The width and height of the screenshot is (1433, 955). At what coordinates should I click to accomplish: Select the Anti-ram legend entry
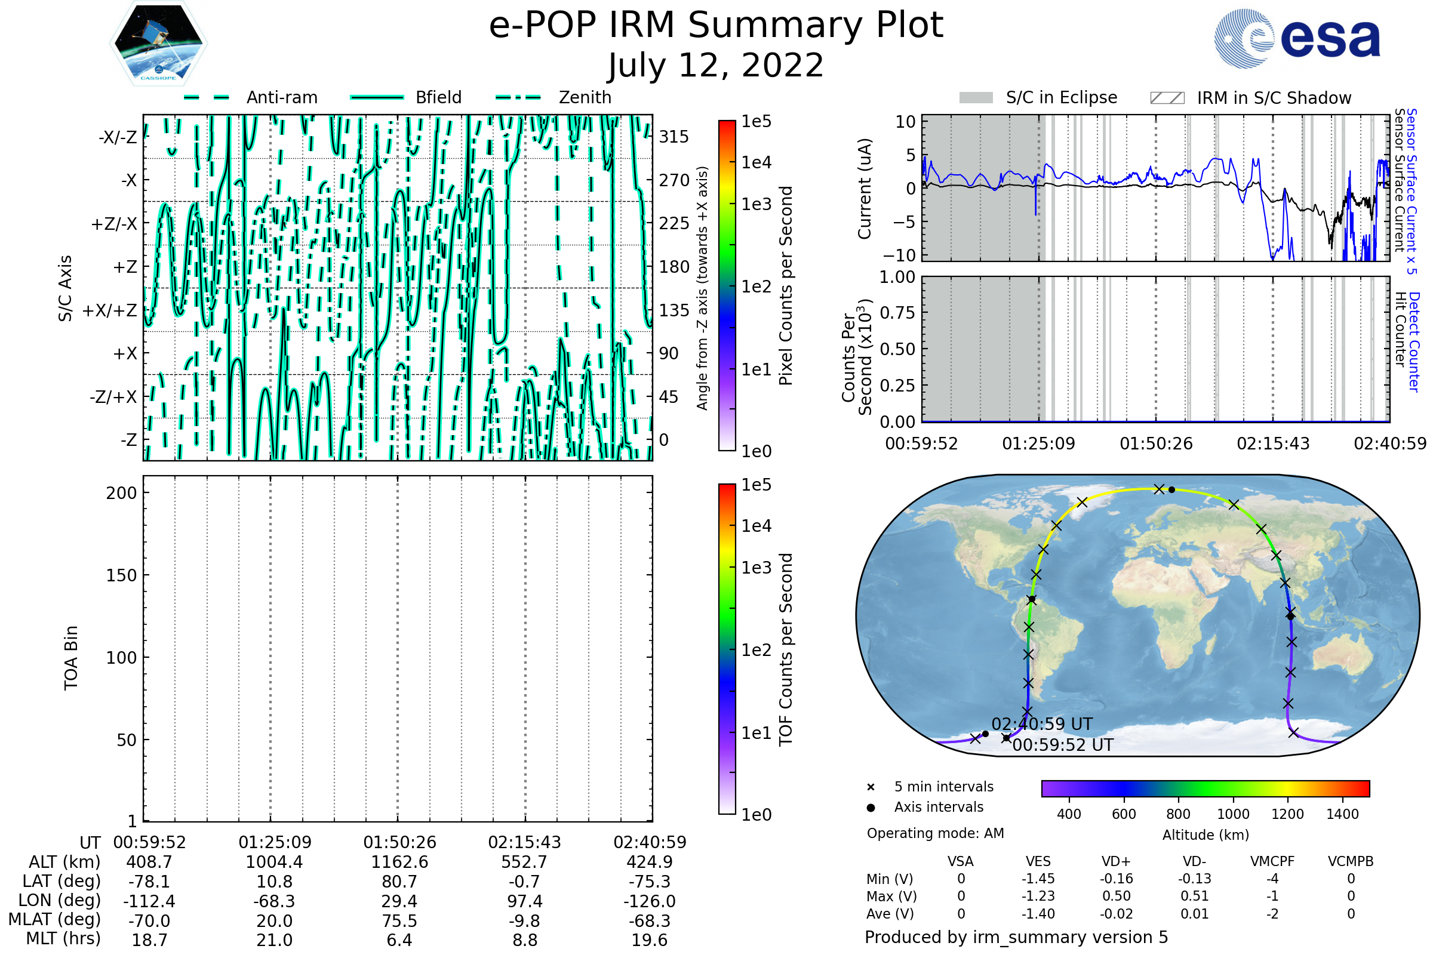251,97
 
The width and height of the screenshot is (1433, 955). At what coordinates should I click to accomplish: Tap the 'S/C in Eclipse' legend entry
1038,97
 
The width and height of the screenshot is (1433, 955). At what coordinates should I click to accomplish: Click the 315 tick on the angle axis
674,137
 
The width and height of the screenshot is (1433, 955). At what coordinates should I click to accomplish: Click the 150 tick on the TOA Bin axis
121,575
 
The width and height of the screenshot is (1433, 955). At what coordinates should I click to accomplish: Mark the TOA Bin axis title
70,657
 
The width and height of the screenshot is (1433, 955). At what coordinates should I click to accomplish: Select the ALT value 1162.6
399,862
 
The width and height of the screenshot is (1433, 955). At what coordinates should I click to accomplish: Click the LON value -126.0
650,901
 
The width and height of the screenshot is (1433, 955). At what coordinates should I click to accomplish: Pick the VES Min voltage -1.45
1038,879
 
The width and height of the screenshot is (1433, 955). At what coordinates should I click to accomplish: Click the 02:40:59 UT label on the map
1042,724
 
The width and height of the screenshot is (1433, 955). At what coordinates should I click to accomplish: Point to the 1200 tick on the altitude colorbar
1287,814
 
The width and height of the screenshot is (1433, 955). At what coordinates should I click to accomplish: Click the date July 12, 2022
716,65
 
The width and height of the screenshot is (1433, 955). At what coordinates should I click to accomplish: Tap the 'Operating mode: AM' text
935,833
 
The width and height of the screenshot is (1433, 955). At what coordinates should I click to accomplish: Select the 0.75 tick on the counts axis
897,313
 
